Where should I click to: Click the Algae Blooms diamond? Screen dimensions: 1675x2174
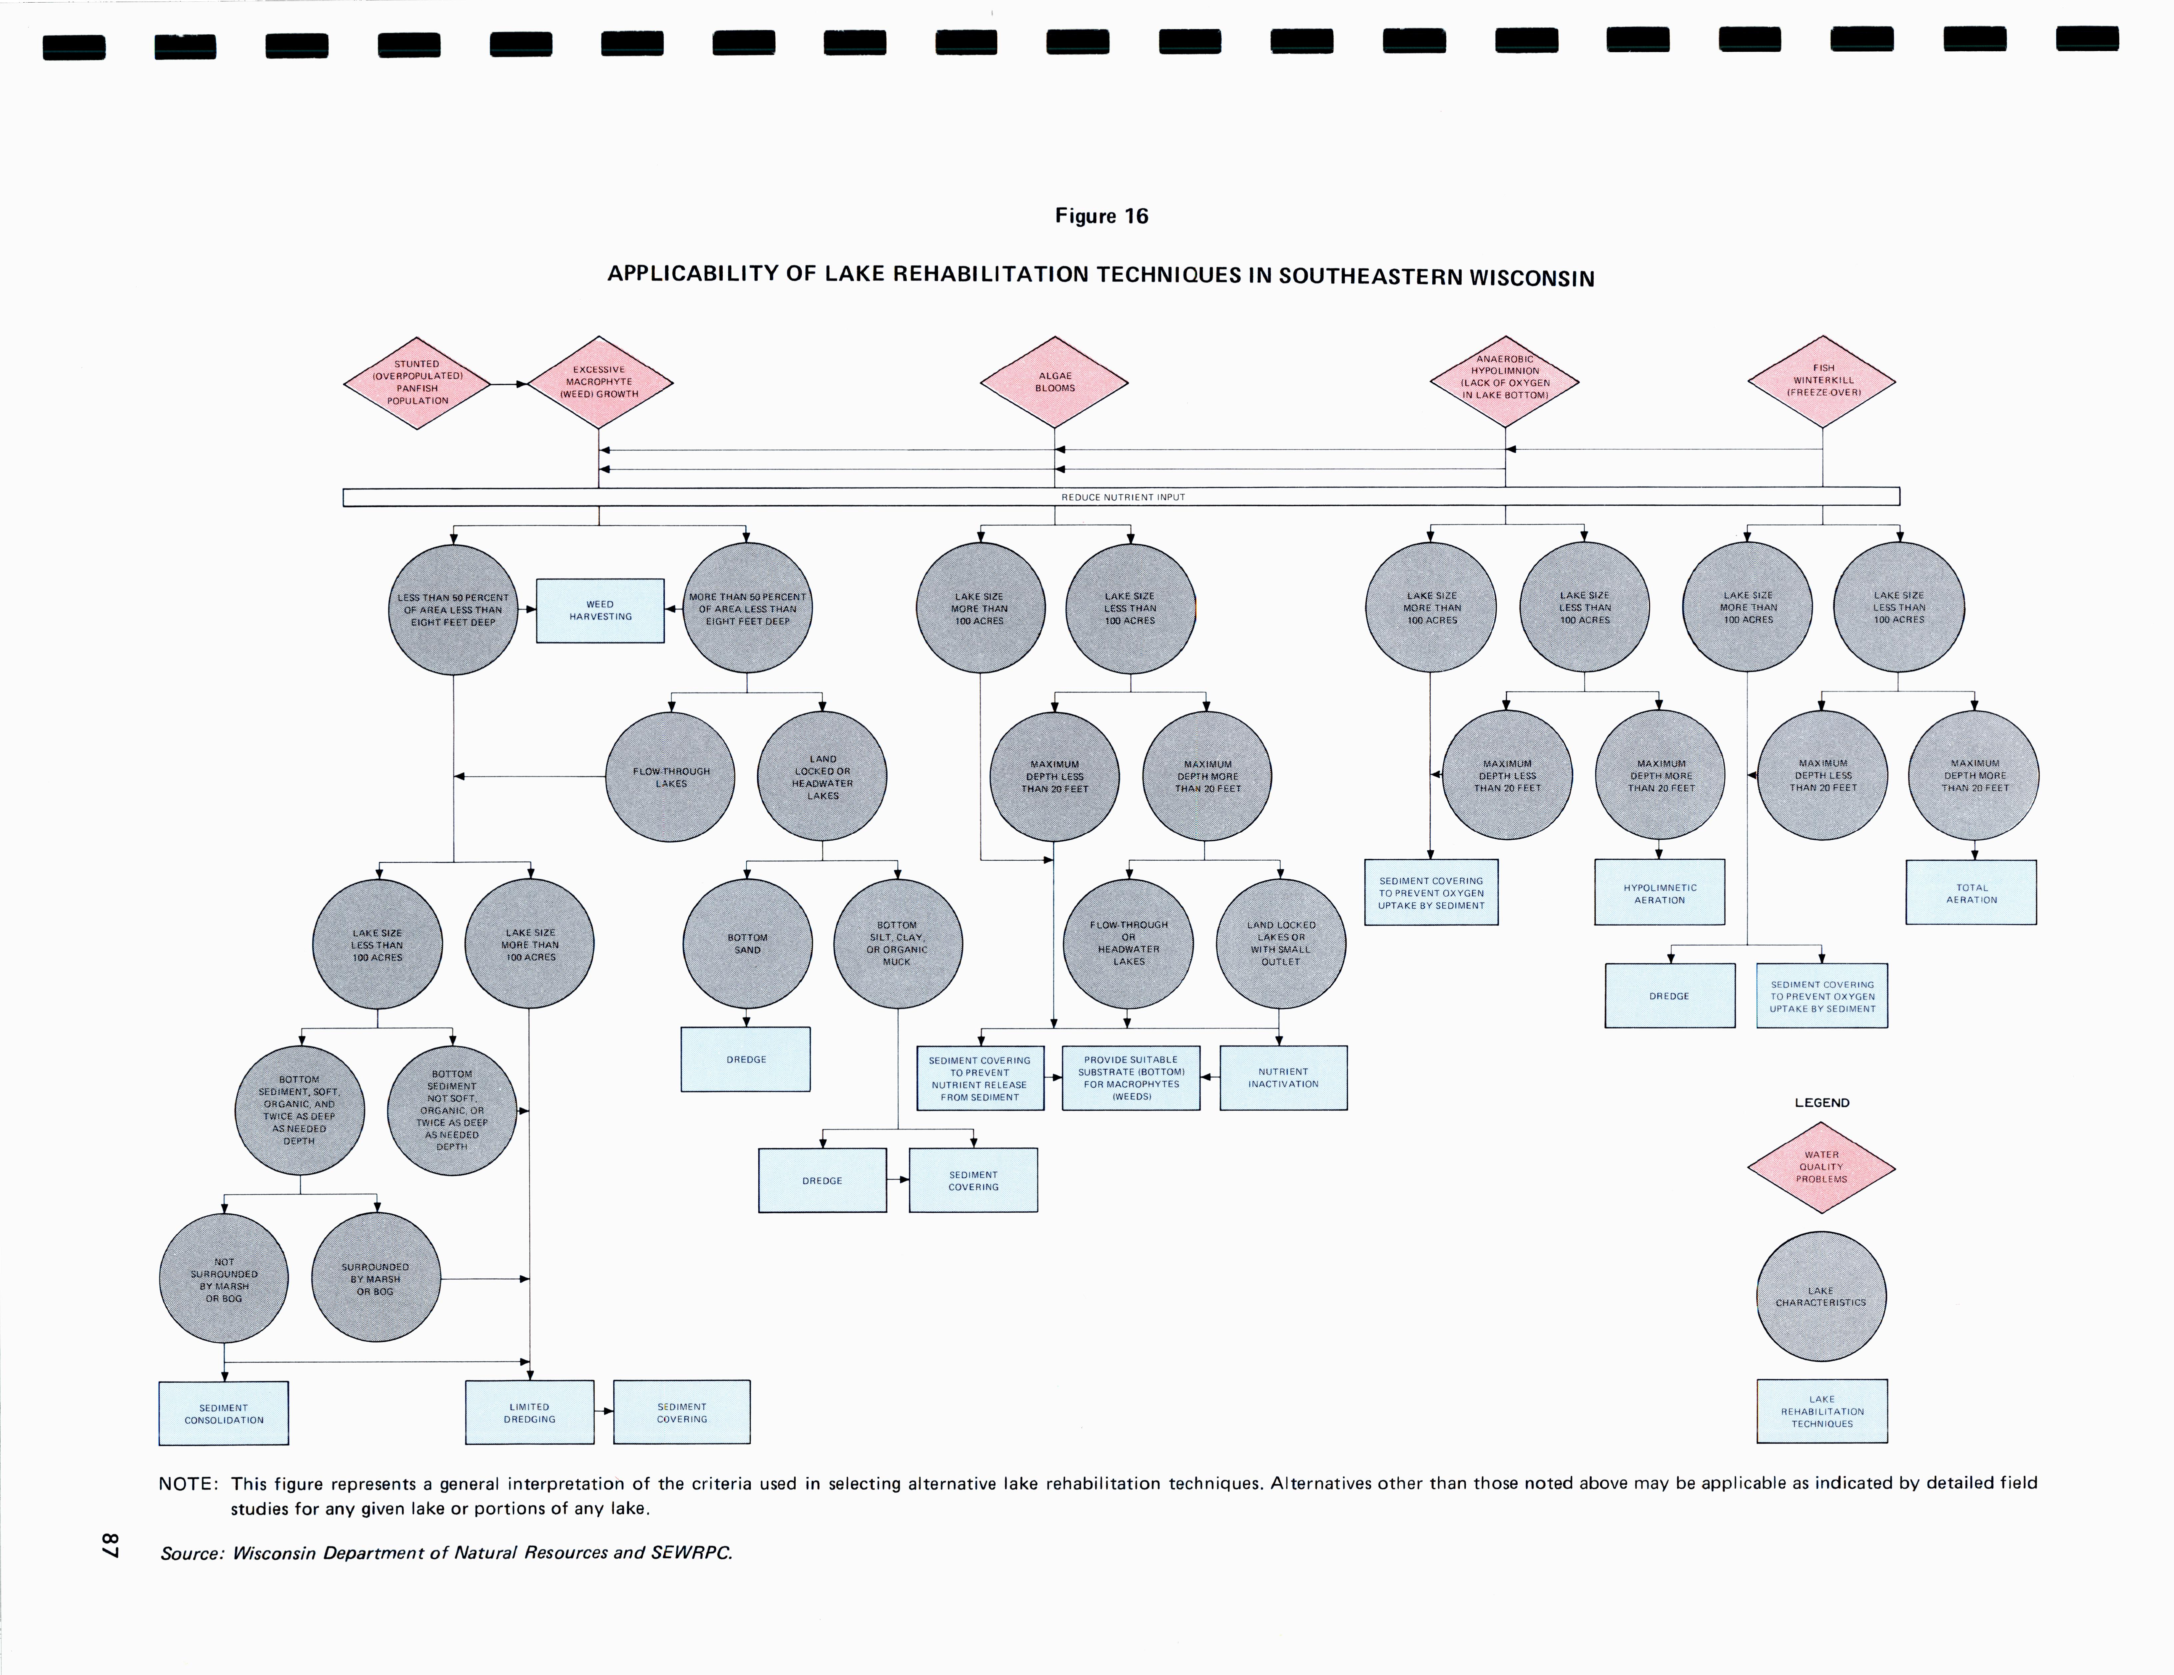[x=1054, y=382]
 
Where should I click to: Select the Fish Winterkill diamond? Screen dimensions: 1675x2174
[x=1821, y=381]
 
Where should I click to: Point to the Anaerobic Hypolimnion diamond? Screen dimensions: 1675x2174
[x=1504, y=381]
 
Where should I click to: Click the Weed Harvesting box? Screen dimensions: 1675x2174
[x=600, y=610]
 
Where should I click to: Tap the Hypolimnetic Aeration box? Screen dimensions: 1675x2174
[x=1659, y=893]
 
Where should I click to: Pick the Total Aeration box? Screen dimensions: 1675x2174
[x=1971, y=893]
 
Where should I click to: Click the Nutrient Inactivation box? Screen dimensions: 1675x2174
[x=1283, y=1078]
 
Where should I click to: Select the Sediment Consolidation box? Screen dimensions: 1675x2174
[x=224, y=1413]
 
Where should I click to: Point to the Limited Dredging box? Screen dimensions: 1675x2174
[x=529, y=1412]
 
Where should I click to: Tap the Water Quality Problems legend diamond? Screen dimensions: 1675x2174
[x=1820, y=1167]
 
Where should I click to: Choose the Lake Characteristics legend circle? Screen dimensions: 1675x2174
[x=1820, y=1296]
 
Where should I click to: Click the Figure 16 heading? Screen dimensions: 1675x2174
[x=1101, y=216]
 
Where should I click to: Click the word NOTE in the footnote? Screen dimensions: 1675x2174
[x=187, y=1484]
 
